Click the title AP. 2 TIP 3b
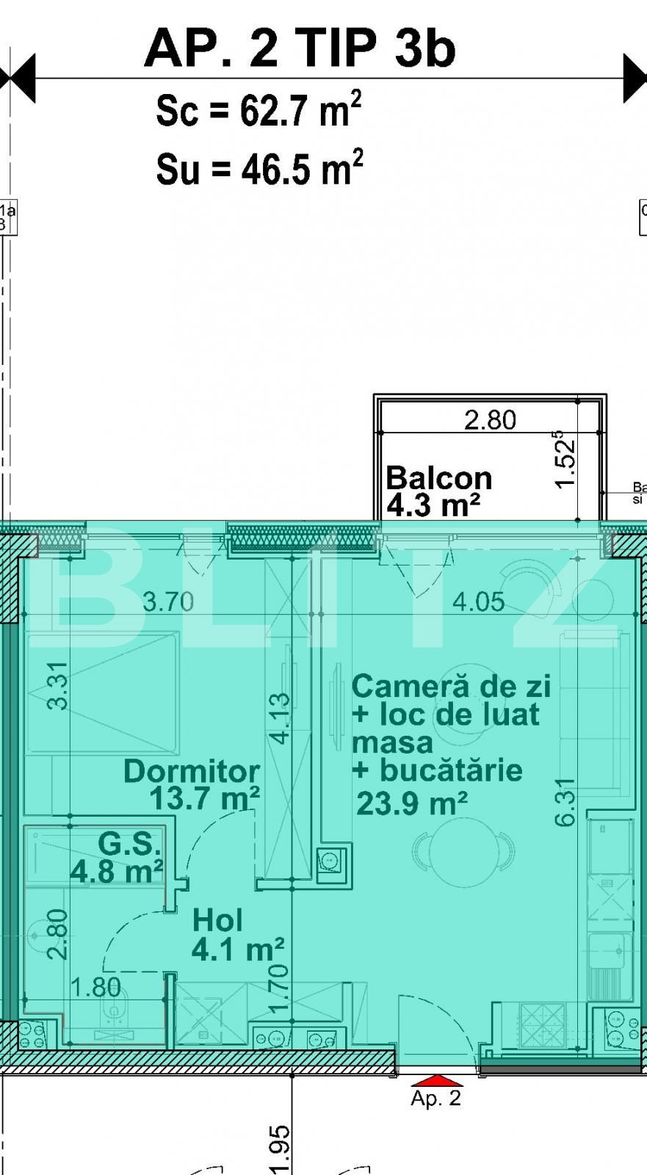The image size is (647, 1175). [x=300, y=48]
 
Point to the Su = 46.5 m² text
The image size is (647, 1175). [x=259, y=168]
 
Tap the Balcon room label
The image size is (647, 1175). [x=438, y=478]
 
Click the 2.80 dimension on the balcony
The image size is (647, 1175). [x=490, y=419]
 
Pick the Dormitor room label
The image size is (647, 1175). [x=192, y=771]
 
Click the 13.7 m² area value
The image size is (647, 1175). [x=204, y=798]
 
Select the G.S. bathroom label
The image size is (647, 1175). [x=129, y=844]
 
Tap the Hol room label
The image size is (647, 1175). [x=217, y=920]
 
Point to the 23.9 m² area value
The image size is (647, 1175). [x=411, y=803]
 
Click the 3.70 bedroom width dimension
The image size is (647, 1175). [x=168, y=602]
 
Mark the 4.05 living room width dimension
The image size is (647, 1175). [x=478, y=602]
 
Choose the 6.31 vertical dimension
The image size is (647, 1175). [x=565, y=802]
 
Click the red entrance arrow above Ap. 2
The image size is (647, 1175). [x=437, y=1080]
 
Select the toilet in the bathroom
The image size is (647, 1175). [x=115, y=1013]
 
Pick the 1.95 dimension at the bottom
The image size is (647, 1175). [x=279, y=1150]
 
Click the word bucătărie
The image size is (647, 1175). [x=451, y=770]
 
